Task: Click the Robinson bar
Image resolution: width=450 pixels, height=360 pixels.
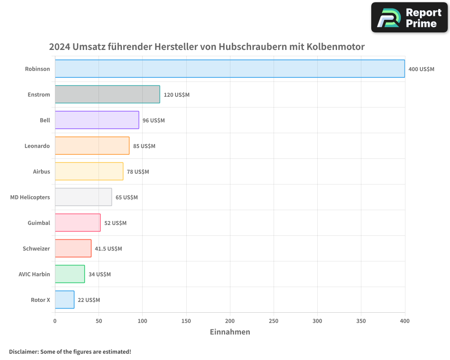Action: [x=229, y=69]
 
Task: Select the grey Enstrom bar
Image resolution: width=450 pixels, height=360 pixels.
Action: [x=107, y=94]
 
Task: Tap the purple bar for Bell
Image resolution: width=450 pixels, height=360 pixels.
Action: [x=97, y=120]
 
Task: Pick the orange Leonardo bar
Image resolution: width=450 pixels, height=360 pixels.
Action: [x=92, y=146]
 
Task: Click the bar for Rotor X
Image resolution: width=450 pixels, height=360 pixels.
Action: [x=64, y=300]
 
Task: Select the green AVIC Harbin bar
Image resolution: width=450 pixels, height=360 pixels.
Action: [x=70, y=274]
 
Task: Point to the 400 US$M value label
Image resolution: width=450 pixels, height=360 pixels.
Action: [x=421, y=69]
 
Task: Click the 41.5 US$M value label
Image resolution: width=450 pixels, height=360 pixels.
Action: [x=108, y=249]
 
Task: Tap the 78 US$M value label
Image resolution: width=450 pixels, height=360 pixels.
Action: [x=138, y=172]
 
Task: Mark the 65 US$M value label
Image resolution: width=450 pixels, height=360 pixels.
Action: [x=126, y=198]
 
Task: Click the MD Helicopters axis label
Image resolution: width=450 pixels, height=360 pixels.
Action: [x=30, y=197]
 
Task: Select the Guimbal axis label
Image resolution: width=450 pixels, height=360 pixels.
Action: [x=39, y=223]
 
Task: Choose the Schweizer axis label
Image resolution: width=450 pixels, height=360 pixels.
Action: [x=36, y=248]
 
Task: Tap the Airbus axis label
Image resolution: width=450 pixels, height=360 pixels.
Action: [x=41, y=171]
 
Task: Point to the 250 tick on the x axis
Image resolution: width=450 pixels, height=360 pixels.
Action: [x=274, y=321]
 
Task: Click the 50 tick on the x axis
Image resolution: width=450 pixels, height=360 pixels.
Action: [x=99, y=321]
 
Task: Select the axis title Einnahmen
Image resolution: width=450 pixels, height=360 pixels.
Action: [x=230, y=332]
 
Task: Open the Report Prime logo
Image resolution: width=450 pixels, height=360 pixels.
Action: [x=409, y=18]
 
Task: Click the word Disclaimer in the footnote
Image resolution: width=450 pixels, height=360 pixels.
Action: [x=23, y=351]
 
